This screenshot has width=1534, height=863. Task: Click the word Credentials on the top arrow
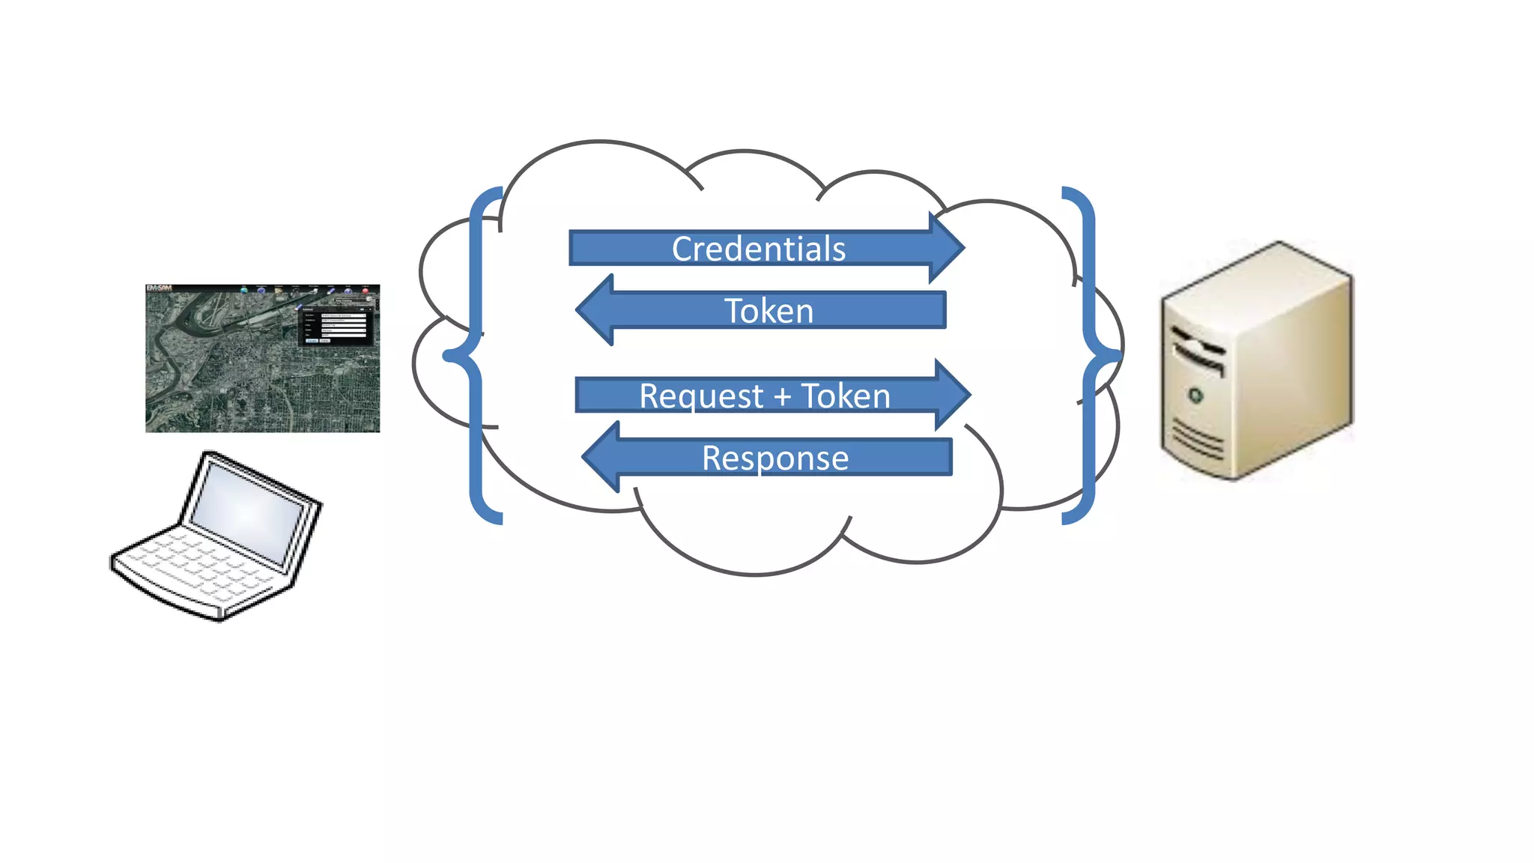758,249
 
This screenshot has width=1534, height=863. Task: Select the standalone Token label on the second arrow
768,311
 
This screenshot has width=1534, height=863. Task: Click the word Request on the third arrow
701,396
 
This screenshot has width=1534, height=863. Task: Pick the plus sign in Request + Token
783,397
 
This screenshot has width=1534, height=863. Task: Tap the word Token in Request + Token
846,396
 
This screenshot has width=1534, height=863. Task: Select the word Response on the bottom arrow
775,458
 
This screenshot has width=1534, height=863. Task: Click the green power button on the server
1195,395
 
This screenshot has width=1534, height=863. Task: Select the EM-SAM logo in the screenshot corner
159,288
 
